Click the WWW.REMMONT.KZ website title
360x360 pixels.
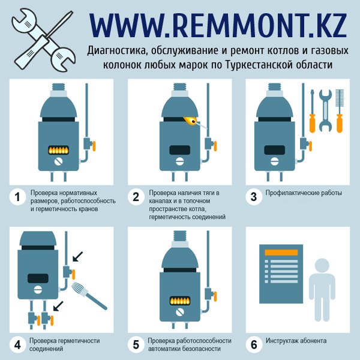pyautogui.click(x=218, y=26)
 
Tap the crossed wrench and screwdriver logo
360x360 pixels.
pyautogui.click(x=43, y=40)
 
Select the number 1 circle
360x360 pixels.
pyautogui.click(x=17, y=197)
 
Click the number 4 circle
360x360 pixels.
pyautogui.click(x=17, y=345)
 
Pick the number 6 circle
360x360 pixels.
pyautogui.click(x=254, y=345)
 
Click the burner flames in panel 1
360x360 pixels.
pyautogui.click(x=58, y=151)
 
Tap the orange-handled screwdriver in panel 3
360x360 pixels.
pyautogui.click(x=312, y=111)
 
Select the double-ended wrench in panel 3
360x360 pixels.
pyautogui.click(x=326, y=110)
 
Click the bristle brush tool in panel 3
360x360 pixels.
pyautogui.click(x=340, y=111)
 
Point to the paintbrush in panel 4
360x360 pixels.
pyautogui.click(x=89, y=296)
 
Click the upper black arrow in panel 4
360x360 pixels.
pyautogui.click(x=77, y=256)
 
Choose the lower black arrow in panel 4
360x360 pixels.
pyautogui.click(x=58, y=306)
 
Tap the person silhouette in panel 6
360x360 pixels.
pyautogui.click(x=322, y=290)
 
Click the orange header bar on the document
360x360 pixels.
pyautogui.click(x=281, y=253)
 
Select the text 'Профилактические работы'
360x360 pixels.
pyautogui.click(x=304, y=193)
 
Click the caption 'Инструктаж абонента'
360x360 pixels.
pyautogui.click(x=296, y=341)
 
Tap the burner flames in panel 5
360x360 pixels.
pyautogui.click(x=180, y=301)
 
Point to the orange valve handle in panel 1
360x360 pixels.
pyautogui.click(x=94, y=146)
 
